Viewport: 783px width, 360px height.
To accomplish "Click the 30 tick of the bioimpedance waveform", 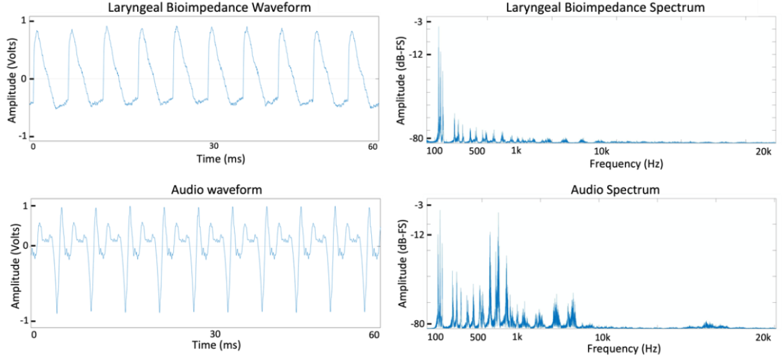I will click(214, 146).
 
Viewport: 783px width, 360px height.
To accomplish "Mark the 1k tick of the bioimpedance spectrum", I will click(516, 151).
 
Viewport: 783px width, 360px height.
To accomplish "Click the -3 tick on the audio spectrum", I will click(418, 205).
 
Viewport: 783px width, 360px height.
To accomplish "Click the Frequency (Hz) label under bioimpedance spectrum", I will click(625, 164).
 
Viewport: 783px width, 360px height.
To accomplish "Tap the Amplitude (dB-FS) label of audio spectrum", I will click(404, 265).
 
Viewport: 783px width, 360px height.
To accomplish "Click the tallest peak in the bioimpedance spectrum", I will click(439, 28).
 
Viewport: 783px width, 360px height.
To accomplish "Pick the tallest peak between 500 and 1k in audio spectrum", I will click(498, 214).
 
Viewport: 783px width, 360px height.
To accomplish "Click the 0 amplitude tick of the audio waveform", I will click(26, 245).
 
